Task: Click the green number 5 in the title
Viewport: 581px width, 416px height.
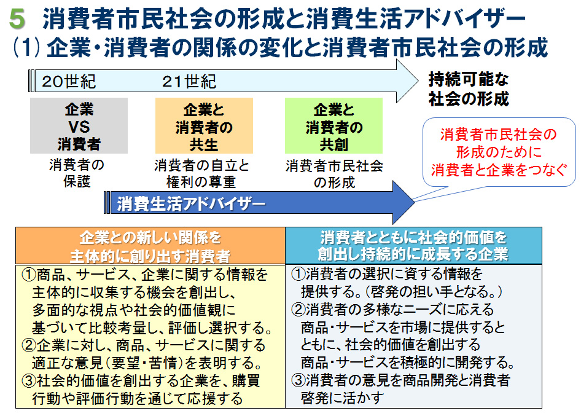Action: pyautogui.click(x=18, y=20)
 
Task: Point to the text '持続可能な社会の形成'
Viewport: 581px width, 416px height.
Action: pyautogui.click(x=469, y=89)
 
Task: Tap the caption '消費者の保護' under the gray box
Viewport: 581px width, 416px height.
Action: pyautogui.click(x=77, y=173)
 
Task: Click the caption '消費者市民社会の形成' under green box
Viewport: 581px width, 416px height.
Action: pyautogui.click(x=334, y=174)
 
